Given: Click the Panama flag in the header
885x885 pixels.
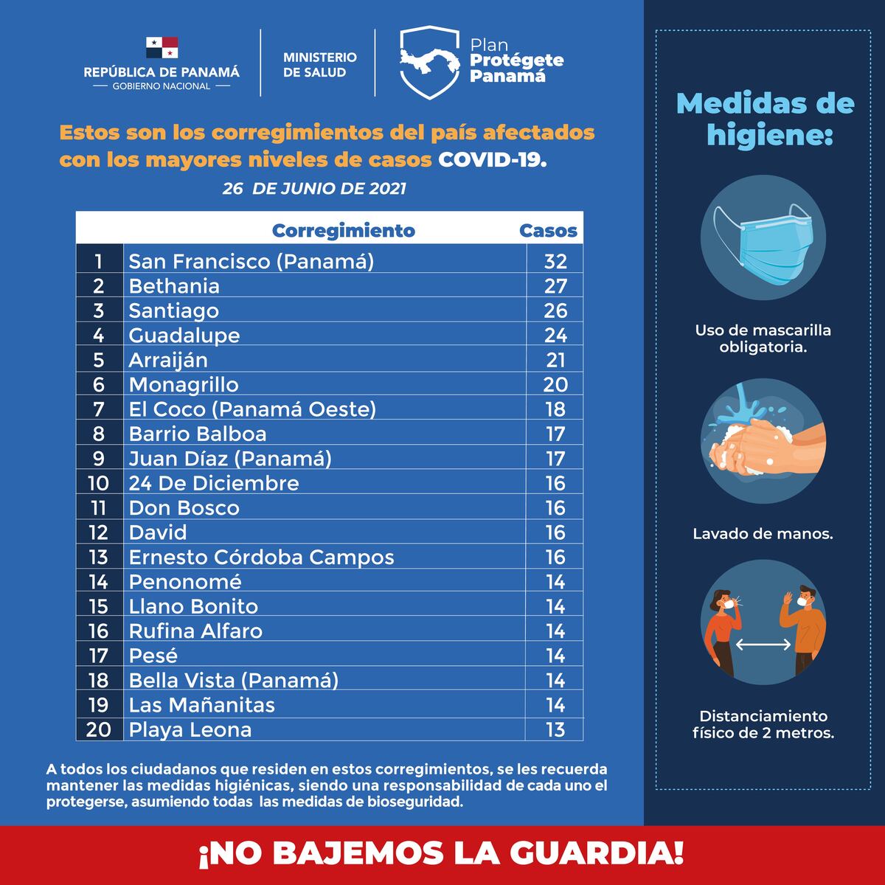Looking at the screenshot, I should click(162, 48).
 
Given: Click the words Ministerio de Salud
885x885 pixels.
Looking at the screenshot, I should click(319, 64).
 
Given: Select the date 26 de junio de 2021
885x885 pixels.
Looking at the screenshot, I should click(314, 189).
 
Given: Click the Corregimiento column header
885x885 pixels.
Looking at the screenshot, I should click(343, 230).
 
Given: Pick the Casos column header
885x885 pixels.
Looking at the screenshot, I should click(548, 230).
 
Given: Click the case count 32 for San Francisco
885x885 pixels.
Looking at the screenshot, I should click(555, 261).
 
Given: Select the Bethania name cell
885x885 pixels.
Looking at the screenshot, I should click(174, 286).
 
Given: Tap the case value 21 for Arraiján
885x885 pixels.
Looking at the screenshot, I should click(555, 360).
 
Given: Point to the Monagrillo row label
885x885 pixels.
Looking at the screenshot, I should click(184, 384).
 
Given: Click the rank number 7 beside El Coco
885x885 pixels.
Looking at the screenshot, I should click(99, 409).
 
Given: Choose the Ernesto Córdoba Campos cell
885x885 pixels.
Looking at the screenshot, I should click(261, 557).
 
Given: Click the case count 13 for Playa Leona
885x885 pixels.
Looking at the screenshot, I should click(555, 729).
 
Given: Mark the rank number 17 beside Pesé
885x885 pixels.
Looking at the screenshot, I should click(99, 656).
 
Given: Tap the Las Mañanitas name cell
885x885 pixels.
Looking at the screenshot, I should click(201, 705).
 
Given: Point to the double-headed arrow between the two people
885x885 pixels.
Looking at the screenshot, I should click(763, 644).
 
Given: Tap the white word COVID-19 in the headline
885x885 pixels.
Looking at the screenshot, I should click(493, 159).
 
